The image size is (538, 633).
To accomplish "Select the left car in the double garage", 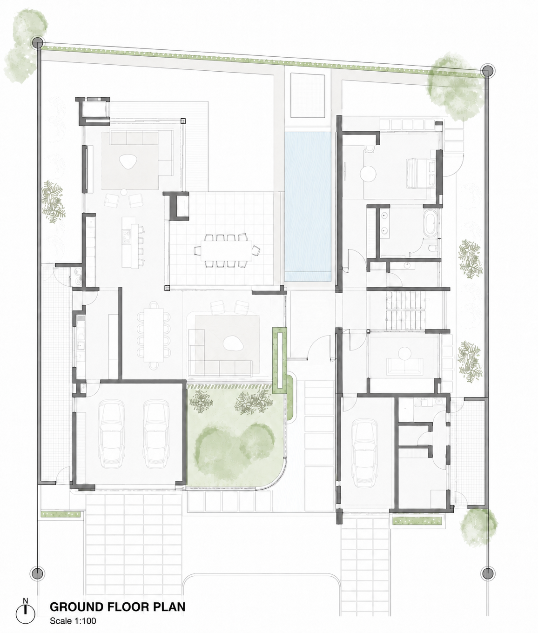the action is [111, 434].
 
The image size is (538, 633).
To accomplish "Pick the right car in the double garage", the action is [156, 434].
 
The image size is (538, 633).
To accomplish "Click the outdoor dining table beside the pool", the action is [227, 250].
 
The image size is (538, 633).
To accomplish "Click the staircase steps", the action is [405, 310].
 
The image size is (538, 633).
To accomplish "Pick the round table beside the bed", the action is [368, 174].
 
